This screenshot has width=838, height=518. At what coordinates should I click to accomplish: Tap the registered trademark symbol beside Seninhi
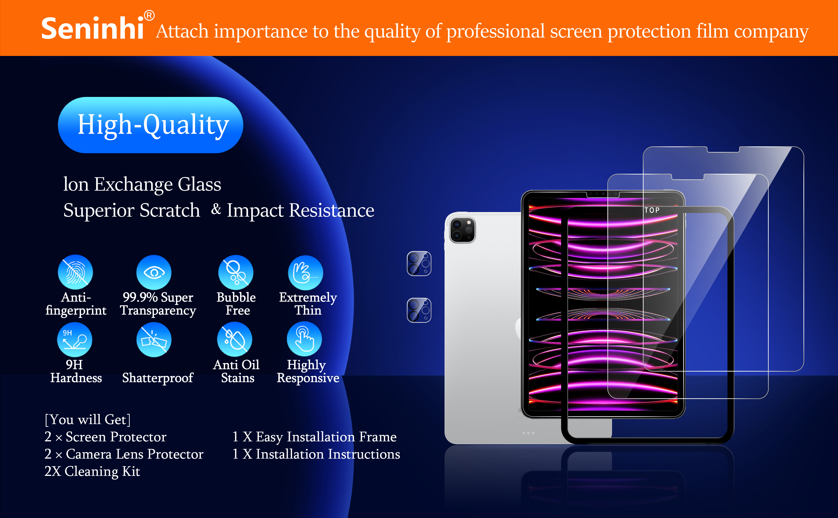click(x=149, y=15)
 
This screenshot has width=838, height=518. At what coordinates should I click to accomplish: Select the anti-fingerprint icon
click(x=75, y=272)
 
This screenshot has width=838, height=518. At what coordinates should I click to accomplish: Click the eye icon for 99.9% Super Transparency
click(x=154, y=272)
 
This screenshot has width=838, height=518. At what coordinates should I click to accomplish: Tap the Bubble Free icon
click(x=236, y=272)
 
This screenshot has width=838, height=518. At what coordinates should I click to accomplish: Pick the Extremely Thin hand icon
click(x=305, y=273)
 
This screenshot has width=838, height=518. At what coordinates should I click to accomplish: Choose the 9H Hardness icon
click(x=75, y=340)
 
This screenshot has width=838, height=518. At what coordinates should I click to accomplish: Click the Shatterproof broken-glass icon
click(x=154, y=340)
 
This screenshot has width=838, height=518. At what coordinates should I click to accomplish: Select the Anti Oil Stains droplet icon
click(x=235, y=339)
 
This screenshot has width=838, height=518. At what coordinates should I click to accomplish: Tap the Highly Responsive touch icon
click(x=304, y=339)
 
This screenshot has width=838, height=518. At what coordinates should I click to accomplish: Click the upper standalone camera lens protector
click(x=419, y=263)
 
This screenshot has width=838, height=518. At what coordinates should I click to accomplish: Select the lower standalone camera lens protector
click(x=419, y=310)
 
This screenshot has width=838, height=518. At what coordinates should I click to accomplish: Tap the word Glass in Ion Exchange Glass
click(x=199, y=185)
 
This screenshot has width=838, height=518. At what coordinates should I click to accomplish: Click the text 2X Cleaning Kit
click(x=92, y=471)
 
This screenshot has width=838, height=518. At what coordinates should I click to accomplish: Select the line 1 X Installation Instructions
click(x=316, y=454)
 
